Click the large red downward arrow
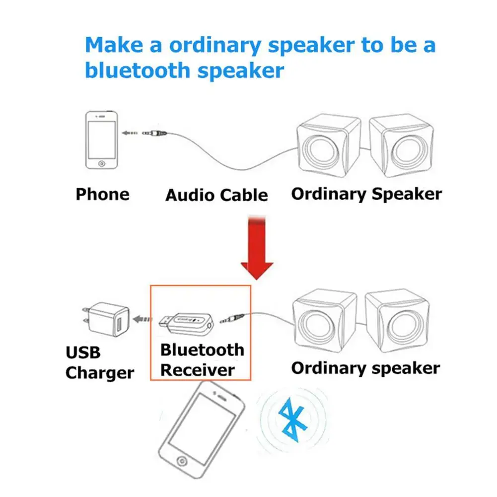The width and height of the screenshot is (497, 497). [x=257, y=248]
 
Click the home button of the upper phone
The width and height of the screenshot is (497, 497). [x=102, y=163]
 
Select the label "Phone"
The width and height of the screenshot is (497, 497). [x=102, y=194]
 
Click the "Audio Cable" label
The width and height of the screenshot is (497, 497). [x=216, y=195]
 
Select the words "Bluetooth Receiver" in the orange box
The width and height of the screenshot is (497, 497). [x=202, y=360]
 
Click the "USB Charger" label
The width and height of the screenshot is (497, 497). [x=99, y=363]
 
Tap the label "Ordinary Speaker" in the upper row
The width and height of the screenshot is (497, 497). [x=366, y=194]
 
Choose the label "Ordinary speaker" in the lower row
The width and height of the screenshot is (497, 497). [x=365, y=368]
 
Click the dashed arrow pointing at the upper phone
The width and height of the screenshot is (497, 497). [x=130, y=133]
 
